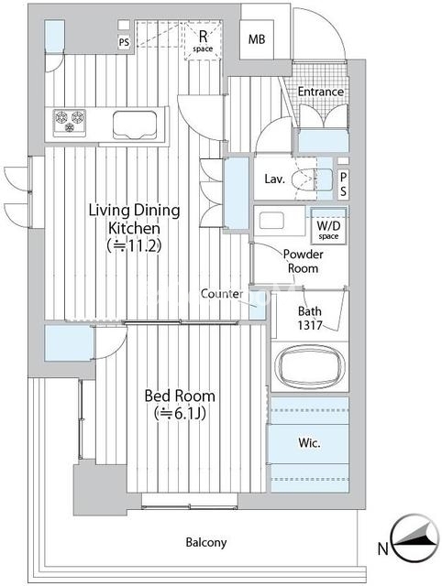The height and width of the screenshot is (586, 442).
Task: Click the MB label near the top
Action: tap(257, 39)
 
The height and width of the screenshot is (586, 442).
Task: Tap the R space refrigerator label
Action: tap(203, 41)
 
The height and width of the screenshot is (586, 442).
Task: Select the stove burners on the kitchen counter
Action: tap(70, 122)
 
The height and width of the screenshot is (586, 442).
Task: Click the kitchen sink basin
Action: tap(135, 125)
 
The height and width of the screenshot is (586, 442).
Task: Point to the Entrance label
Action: tap(321, 92)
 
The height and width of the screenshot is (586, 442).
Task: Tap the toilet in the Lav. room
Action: tap(312, 179)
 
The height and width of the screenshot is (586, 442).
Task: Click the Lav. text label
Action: tap(275, 179)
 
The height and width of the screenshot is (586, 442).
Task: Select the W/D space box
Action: tap(328, 226)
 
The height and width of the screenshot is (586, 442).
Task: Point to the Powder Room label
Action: tap(304, 261)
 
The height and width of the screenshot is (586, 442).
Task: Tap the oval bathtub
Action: tap(310, 366)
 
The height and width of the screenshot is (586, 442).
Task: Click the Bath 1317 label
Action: tap(310, 318)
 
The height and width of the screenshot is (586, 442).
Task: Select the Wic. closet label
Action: tap(310, 443)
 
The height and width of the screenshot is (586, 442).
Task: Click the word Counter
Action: tap(222, 294)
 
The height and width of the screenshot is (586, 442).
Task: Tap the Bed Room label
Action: tap(180, 405)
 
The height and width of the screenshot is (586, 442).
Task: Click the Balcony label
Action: tap(206, 542)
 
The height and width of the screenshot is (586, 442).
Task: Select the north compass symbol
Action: tap(415, 537)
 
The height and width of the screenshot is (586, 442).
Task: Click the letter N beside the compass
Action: tap(382, 549)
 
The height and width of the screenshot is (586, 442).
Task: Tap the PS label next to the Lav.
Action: tap(343, 184)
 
